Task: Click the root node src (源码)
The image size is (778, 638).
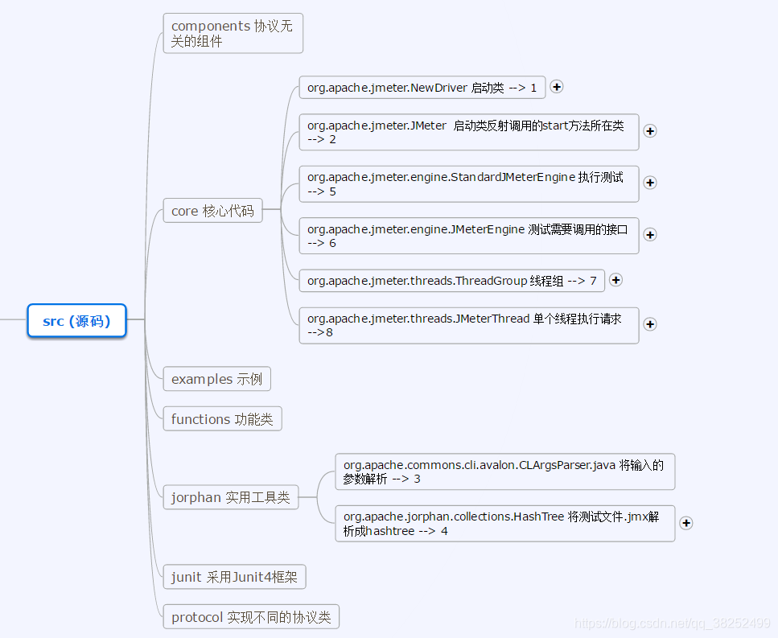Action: (x=76, y=321)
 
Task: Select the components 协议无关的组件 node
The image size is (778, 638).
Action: (x=233, y=34)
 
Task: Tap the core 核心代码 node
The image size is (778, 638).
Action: (x=212, y=211)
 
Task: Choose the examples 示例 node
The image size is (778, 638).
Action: (x=216, y=379)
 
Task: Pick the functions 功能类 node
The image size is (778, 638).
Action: (x=222, y=419)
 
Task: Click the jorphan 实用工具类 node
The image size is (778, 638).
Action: (x=230, y=498)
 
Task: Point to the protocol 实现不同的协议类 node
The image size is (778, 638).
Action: (x=251, y=617)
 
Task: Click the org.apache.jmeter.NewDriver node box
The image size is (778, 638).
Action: (x=422, y=88)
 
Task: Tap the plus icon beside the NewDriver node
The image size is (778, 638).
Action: (x=557, y=87)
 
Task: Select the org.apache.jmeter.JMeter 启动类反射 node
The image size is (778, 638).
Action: (x=468, y=132)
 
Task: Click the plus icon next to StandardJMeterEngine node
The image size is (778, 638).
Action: (x=650, y=183)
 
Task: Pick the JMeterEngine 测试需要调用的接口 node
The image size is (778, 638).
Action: (x=468, y=236)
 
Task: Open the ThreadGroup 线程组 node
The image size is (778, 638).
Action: (x=451, y=281)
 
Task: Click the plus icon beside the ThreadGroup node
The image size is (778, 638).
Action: (x=616, y=280)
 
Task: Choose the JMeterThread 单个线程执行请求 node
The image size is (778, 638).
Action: (x=468, y=325)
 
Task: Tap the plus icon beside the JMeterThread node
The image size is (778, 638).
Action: (x=650, y=324)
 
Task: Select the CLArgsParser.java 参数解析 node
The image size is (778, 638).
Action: (x=504, y=471)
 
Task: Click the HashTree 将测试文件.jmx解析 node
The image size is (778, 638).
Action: (x=504, y=524)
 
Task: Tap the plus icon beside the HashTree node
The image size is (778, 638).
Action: (x=686, y=523)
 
